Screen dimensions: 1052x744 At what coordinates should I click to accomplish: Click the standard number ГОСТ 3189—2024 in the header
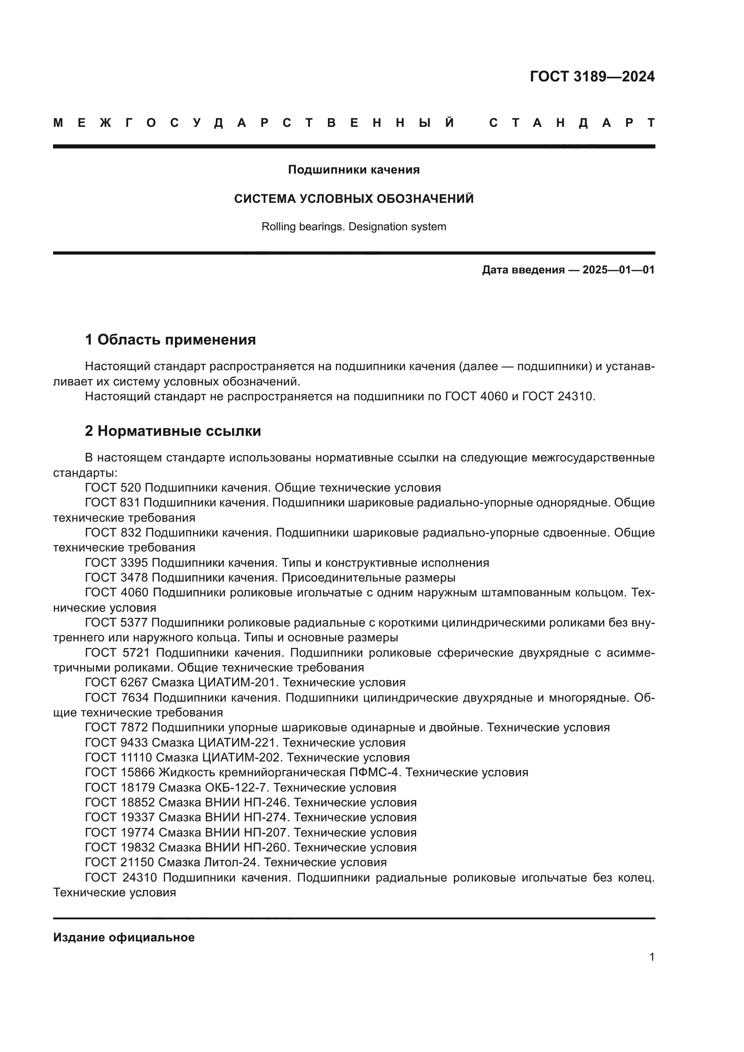click(592, 76)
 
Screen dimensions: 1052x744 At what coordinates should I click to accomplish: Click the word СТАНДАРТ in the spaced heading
click(572, 123)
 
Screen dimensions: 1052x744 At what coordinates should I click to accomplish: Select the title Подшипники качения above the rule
click(354, 170)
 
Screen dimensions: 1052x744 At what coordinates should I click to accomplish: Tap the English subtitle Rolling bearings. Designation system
click(354, 226)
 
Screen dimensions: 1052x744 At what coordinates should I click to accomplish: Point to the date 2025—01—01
click(619, 270)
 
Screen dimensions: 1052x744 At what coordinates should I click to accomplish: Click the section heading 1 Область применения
click(170, 340)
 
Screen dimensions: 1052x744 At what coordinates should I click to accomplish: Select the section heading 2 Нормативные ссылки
click(173, 431)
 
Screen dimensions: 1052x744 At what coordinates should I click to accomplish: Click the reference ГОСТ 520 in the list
click(113, 488)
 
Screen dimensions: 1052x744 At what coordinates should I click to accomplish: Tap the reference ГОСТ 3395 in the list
click(117, 563)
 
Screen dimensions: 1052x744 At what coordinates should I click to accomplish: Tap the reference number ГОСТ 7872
click(117, 728)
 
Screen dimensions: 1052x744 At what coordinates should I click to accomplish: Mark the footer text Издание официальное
click(124, 937)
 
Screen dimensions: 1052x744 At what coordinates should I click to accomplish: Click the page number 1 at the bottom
click(652, 957)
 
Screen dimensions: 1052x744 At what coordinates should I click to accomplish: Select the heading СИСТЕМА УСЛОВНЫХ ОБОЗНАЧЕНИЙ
click(354, 199)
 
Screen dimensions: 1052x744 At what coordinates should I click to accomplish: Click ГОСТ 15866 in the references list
click(120, 773)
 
